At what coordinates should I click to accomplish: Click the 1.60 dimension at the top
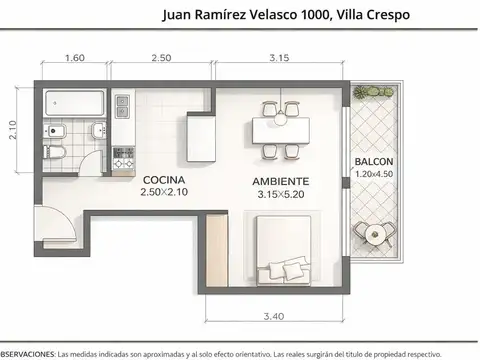pyautogui.click(x=74, y=59)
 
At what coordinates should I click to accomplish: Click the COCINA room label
pyautogui.click(x=163, y=181)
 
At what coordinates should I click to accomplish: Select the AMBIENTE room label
pyautogui.click(x=280, y=181)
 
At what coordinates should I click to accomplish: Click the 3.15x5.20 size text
pyautogui.click(x=280, y=194)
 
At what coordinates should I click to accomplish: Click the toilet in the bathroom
pyautogui.click(x=55, y=153)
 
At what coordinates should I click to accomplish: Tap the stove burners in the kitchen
pyautogui.click(x=124, y=157)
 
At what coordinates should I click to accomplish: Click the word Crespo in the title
pyautogui.click(x=384, y=14)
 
